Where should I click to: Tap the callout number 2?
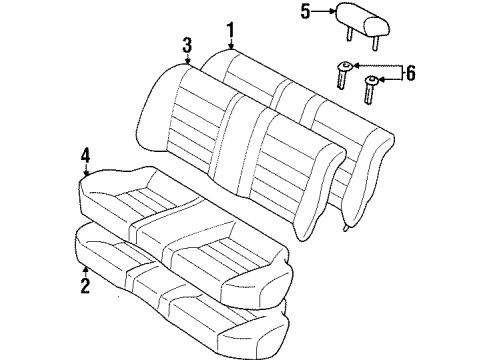[85, 287]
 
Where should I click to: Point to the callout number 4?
[86, 155]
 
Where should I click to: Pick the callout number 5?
[306, 13]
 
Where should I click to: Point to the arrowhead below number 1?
[231, 48]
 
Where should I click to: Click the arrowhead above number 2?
[85, 267]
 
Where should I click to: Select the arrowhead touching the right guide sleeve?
[381, 78]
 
